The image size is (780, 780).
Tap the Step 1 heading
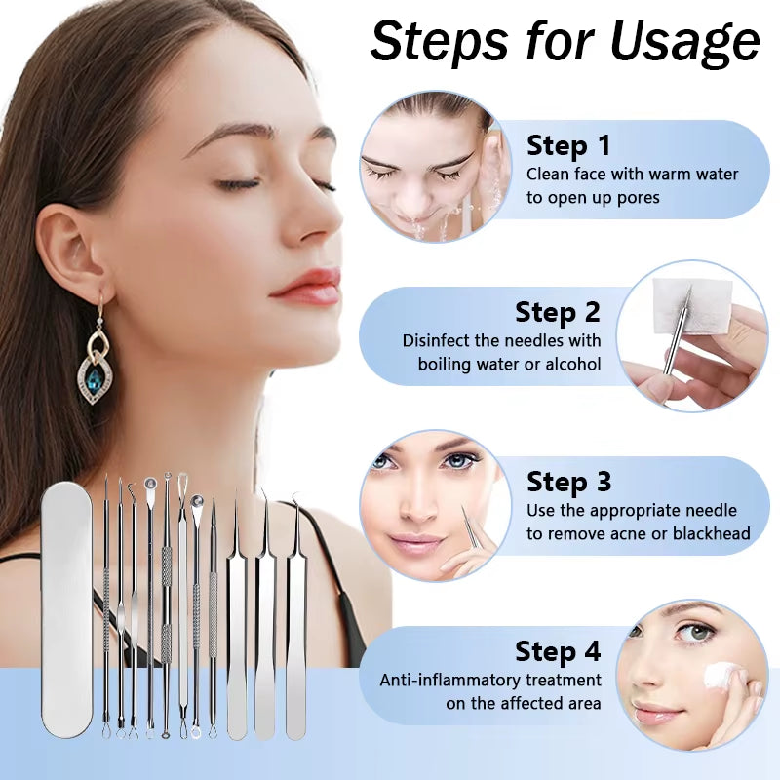[568, 146]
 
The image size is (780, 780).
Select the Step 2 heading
[558, 313]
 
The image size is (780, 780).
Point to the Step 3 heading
[569, 482]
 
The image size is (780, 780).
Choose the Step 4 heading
[558, 650]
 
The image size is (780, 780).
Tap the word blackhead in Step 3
[711, 533]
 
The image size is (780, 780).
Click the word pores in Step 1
[640, 197]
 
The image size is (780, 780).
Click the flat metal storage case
[67, 609]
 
